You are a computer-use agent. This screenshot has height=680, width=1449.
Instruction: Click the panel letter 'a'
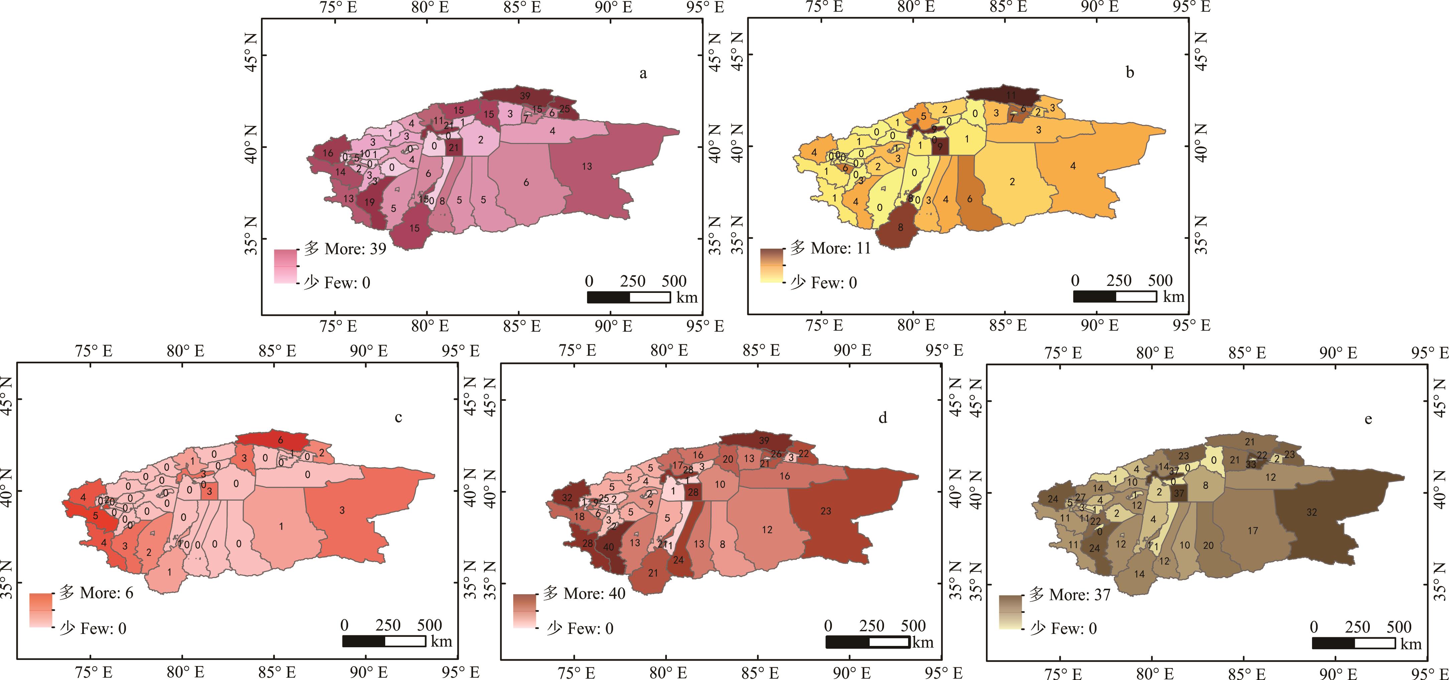(643, 74)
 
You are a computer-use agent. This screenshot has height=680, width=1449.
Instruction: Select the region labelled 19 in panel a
(370, 202)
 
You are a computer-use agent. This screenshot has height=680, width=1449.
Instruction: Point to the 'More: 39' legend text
(355, 248)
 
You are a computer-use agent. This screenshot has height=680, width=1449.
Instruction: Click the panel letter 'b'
(1130, 72)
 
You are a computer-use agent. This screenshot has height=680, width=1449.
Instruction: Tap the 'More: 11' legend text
(840, 248)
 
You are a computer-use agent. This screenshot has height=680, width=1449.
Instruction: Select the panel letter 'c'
(398, 417)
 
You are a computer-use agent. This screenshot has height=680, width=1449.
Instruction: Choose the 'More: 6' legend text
(106, 593)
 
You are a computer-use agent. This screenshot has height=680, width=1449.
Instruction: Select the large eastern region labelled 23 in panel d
(826, 511)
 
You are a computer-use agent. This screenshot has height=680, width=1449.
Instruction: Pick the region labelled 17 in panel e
(1253, 530)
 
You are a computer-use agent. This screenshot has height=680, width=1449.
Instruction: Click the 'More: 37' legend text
(1080, 594)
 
